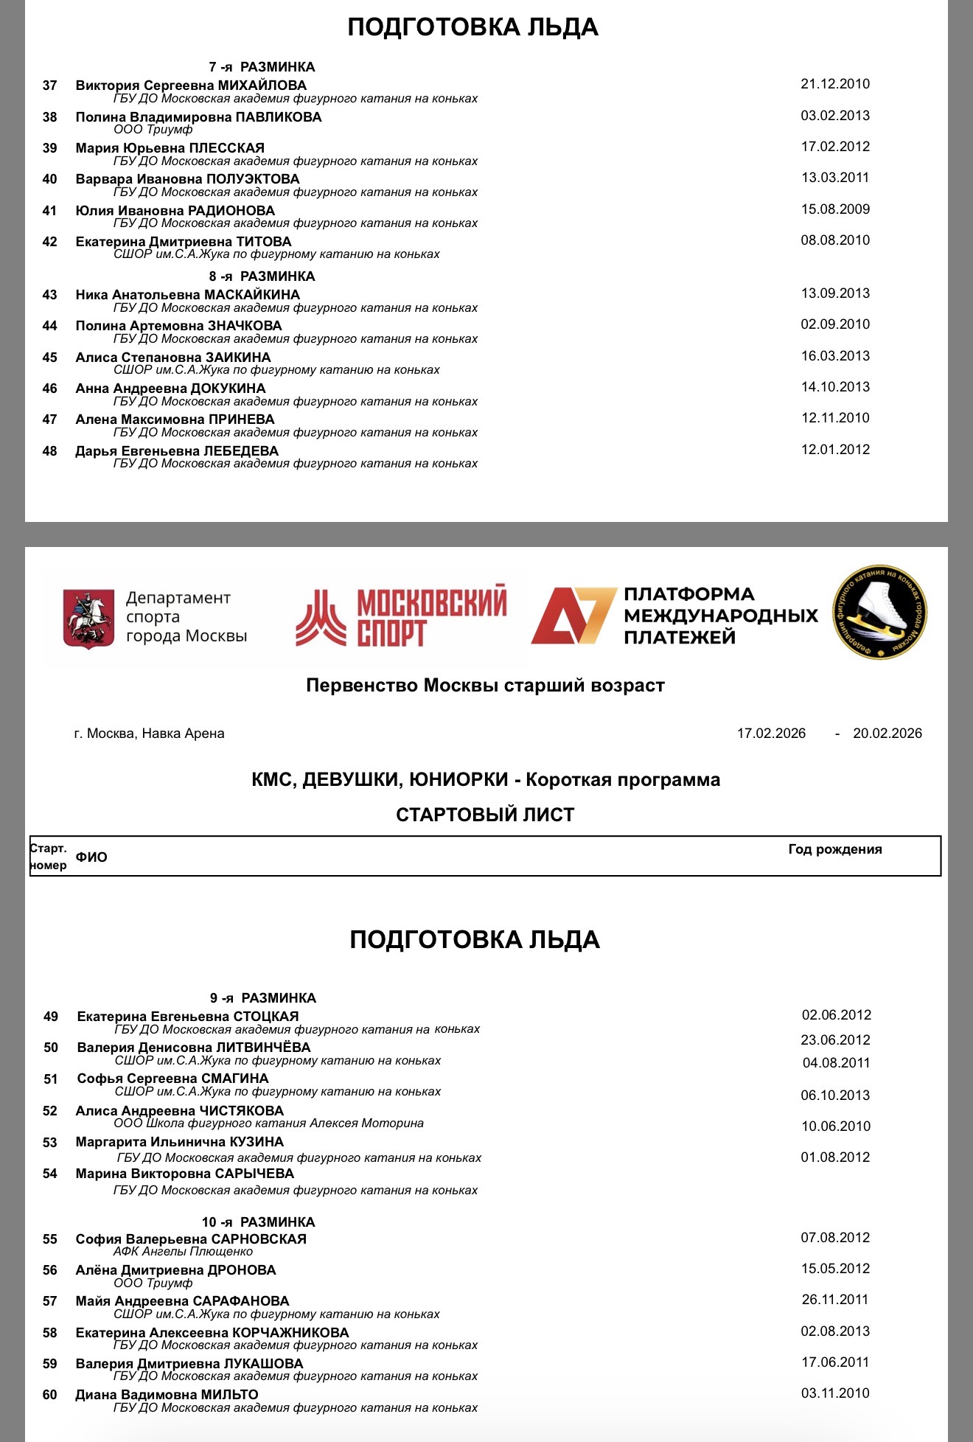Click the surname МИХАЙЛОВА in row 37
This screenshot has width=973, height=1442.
click(262, 86)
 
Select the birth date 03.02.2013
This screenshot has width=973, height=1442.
click(835, 116)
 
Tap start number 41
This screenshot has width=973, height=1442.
click(49, 211)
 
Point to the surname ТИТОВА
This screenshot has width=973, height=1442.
click(263, 242)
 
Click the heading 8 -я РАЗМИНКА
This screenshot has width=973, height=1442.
click(262, 276)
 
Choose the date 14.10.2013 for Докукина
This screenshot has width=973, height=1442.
click(835, 387)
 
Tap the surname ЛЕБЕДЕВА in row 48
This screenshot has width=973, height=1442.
click(241, 451)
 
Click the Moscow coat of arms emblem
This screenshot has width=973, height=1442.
click(88, 618)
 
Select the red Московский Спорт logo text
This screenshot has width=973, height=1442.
click(431, 616)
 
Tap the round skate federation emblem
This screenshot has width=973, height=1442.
click(879, 613)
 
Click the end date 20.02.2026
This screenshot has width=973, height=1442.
click(887, 734)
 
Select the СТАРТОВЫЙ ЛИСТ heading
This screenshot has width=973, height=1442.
click(485, 815)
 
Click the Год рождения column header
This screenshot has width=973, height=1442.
click(834, 849)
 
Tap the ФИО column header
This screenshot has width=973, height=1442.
click(91, 857)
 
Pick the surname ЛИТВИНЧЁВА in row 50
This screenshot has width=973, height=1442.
click(263, 1048)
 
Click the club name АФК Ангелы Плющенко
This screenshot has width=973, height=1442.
click(183, 1251)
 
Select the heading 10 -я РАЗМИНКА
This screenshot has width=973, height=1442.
click(258, 1222)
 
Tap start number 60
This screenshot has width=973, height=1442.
click(49, 1395)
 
